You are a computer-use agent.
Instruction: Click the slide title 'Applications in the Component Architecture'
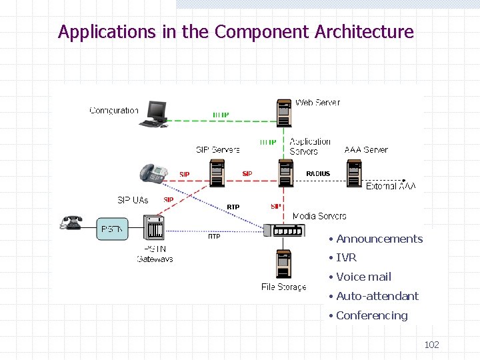coord(236,31)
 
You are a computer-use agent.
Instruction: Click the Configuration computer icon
coord(155,113)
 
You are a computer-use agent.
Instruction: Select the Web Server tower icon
coord(285,113)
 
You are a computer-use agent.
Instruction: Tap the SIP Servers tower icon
coord(217,173)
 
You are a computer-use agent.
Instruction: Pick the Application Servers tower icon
coord(285,173)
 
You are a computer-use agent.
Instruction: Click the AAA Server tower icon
coord(354,173)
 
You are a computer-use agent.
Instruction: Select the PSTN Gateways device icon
coord(155,229)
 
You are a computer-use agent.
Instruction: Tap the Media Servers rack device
coord(285,230)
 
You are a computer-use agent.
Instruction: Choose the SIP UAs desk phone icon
coord(153,173)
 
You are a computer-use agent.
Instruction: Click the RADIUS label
coord(318,174)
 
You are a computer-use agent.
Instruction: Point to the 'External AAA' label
coord(391,186)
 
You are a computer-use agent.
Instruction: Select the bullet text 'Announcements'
coord(379,239)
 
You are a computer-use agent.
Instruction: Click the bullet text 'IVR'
coord(346,257)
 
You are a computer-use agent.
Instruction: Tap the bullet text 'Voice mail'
coord(363,277)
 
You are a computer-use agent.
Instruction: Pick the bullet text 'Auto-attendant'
coord(377,296)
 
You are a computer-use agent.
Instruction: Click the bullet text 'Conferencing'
coord(371,315)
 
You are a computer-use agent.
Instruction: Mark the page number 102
coord(432,345)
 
